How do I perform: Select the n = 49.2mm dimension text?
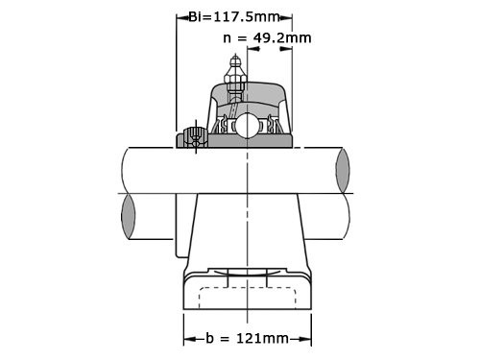[x=266, y=38]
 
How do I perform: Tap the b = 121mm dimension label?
[x=247, y=339]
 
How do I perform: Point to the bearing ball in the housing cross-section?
[x=246, y=125]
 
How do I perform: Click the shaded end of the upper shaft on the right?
[x=343, y=170]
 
